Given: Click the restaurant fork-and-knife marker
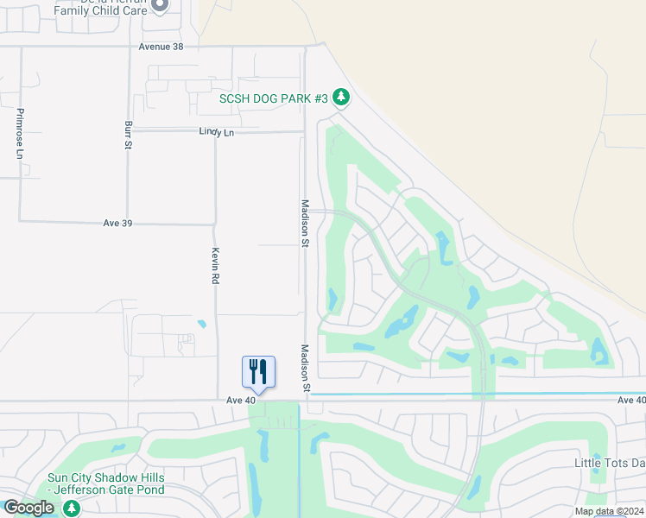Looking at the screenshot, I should click(258, 372).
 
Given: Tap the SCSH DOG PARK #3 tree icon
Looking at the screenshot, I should click(341, 98).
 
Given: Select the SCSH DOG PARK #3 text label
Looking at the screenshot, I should click(274, 98).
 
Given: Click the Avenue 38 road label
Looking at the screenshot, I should click(161, 47).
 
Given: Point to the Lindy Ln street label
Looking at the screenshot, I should click(216, 132).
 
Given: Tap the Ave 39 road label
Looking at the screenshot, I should click(117, 223).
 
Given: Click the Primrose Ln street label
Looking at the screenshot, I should click(19, 134).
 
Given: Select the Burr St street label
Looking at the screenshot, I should click(128, 134).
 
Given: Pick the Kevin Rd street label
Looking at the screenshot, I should click(216, 267).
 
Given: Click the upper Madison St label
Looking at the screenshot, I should click(305, 224).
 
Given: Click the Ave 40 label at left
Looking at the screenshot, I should click(241, 401).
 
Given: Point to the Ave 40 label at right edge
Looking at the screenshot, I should click(631, 401).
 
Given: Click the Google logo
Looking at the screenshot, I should click(28, 508).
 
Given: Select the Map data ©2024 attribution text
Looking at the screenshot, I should click(609, 511).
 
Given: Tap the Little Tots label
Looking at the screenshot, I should click(610, 463).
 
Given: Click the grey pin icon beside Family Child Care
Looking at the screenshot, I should click(160, 5).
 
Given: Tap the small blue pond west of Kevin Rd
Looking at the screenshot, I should click(202, 325).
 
